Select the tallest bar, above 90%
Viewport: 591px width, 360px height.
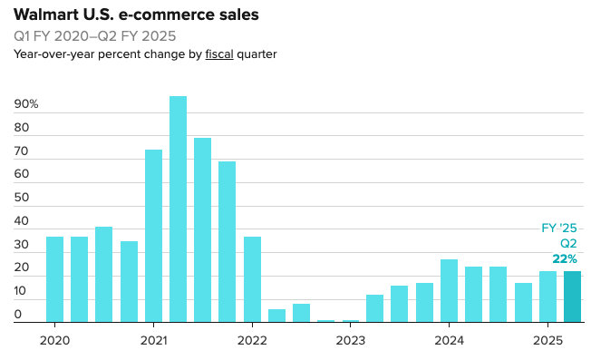tap(178, 209)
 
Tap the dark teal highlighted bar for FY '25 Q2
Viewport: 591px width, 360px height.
tap(572, 297)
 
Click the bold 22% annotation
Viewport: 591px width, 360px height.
tap(564, 259)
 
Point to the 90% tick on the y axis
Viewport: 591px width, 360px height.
tap(26, 104)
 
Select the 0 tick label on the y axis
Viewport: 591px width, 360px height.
tap(18, 315)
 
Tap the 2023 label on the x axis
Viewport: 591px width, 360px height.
tap(350, 340)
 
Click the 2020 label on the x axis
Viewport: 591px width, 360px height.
tap(54, 340)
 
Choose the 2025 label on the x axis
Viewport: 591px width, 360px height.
tap(547, 340)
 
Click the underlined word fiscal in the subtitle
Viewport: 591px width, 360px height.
tap(219, 54)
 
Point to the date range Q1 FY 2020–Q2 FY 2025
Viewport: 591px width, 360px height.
tap(95, 36)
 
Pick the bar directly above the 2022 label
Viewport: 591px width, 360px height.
tap(252, 279)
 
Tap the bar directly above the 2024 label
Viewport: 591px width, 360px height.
tap(449, 290)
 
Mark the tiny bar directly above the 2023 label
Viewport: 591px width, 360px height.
tap(351, 320)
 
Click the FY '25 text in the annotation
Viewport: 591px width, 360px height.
tap(553, 229)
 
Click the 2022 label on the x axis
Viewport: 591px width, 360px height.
tap(251, 340)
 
